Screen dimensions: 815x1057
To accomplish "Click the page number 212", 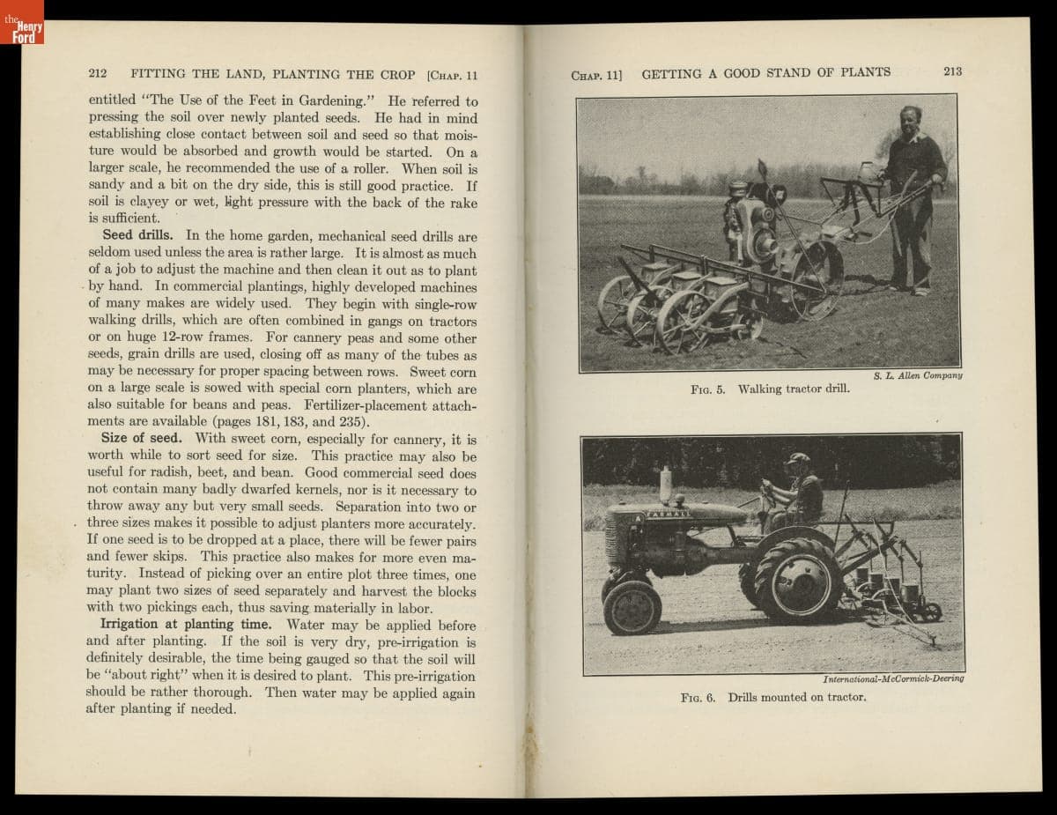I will pos(98,74).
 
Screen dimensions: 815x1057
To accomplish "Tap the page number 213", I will pos(952,71).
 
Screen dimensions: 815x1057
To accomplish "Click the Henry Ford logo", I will pos(22,24).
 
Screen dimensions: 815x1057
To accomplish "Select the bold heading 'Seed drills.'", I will pos(142,236).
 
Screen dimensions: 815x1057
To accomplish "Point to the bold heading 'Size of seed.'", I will pos(141,438).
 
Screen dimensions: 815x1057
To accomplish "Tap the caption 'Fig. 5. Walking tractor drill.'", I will pos(771,389).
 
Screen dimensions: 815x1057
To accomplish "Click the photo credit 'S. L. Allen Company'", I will pos(918,375).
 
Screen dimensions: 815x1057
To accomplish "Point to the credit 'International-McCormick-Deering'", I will pos(893,678).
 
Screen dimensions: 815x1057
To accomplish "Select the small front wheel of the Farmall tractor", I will pos(632,606).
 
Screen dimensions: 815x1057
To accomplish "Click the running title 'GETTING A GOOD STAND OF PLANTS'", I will pos(765,73).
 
